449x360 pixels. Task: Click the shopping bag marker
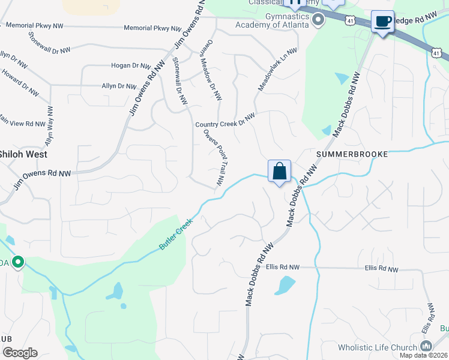[280, 172]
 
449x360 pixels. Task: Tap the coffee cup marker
[382, 22]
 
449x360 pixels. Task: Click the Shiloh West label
[22, 154]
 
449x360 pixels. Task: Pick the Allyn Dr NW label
[119, 86]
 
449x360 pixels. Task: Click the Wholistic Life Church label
[378, 347]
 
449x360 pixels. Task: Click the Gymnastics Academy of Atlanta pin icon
[319, 21]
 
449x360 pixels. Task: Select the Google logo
[20, 353]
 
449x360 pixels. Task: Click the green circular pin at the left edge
[18, 261]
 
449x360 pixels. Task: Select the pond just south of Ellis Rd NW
[285, 285]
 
